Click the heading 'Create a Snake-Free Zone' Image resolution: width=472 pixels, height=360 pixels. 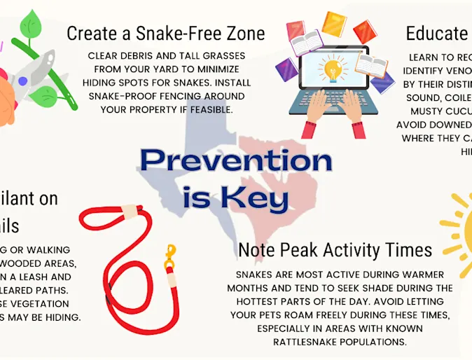165,33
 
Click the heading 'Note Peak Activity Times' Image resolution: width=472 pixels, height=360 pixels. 335,249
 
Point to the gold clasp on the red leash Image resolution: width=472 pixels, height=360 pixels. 169,259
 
